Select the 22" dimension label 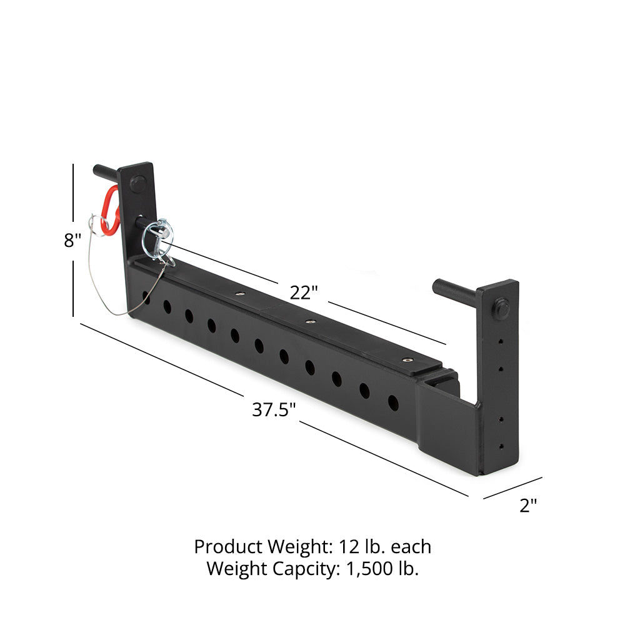coord(304,292)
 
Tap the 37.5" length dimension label coord(274,410)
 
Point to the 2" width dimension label coord(529,506)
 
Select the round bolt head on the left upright coord(137,184)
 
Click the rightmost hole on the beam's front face coord(393,403)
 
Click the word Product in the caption coord(228,547)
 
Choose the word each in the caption coord(411,547)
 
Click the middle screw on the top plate coord(309,322)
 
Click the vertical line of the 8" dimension coord(73,287)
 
